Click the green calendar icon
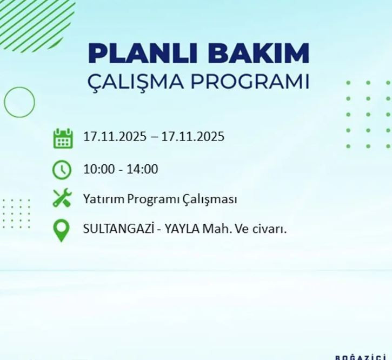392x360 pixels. click(x=62, y=138)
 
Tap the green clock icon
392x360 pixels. click(x=62, y=170)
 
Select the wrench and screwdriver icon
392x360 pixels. click(x=62, y=198)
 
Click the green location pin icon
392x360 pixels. click(x=62, y=230)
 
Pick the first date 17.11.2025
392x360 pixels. click(x=115, y=137)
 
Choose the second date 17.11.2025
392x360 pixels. click(x=192, y=137)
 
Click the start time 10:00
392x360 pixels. click(x=98, y=169)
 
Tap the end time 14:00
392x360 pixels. click(x=142, y=169)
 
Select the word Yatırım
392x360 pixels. click(x=104, y=199)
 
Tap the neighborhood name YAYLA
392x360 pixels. click(x=182, y=229)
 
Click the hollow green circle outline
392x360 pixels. click(x=19, y=102)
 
